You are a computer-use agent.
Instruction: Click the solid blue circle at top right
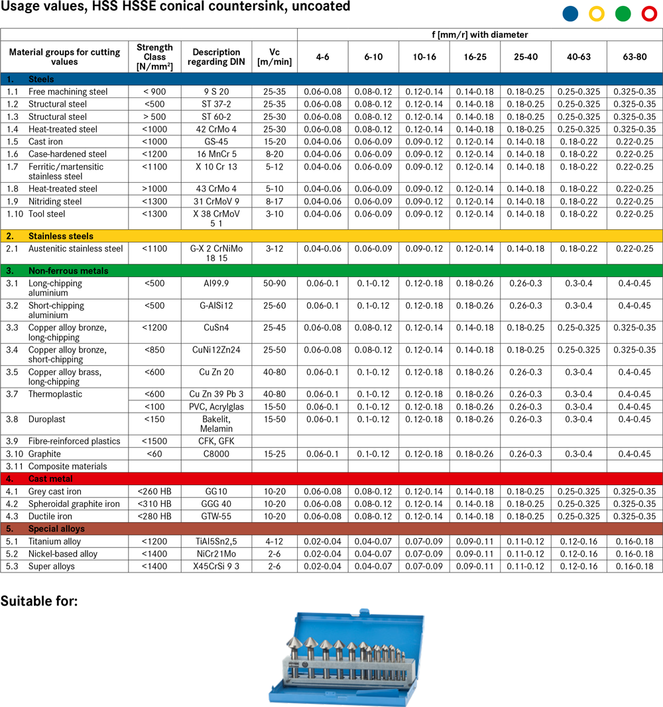coord(570,13)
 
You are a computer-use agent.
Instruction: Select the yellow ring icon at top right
coord(597,13)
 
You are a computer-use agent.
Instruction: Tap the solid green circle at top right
coord(623,13)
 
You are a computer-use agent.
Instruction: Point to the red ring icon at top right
coord(649,13)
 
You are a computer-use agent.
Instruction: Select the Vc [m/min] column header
coord(275,57)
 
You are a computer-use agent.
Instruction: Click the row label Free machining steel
coord(68,91)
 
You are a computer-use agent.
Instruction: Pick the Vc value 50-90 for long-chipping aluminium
coord(275,284)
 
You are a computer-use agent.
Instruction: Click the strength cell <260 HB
coord(154,492)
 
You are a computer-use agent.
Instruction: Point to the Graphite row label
coord(44,454)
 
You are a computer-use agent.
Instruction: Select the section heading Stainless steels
coord(60,236)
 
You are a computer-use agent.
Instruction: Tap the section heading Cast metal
coord(50,478)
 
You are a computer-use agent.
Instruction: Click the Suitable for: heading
coord(39,602)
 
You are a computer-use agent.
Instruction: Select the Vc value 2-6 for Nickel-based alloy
coord(275,554)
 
